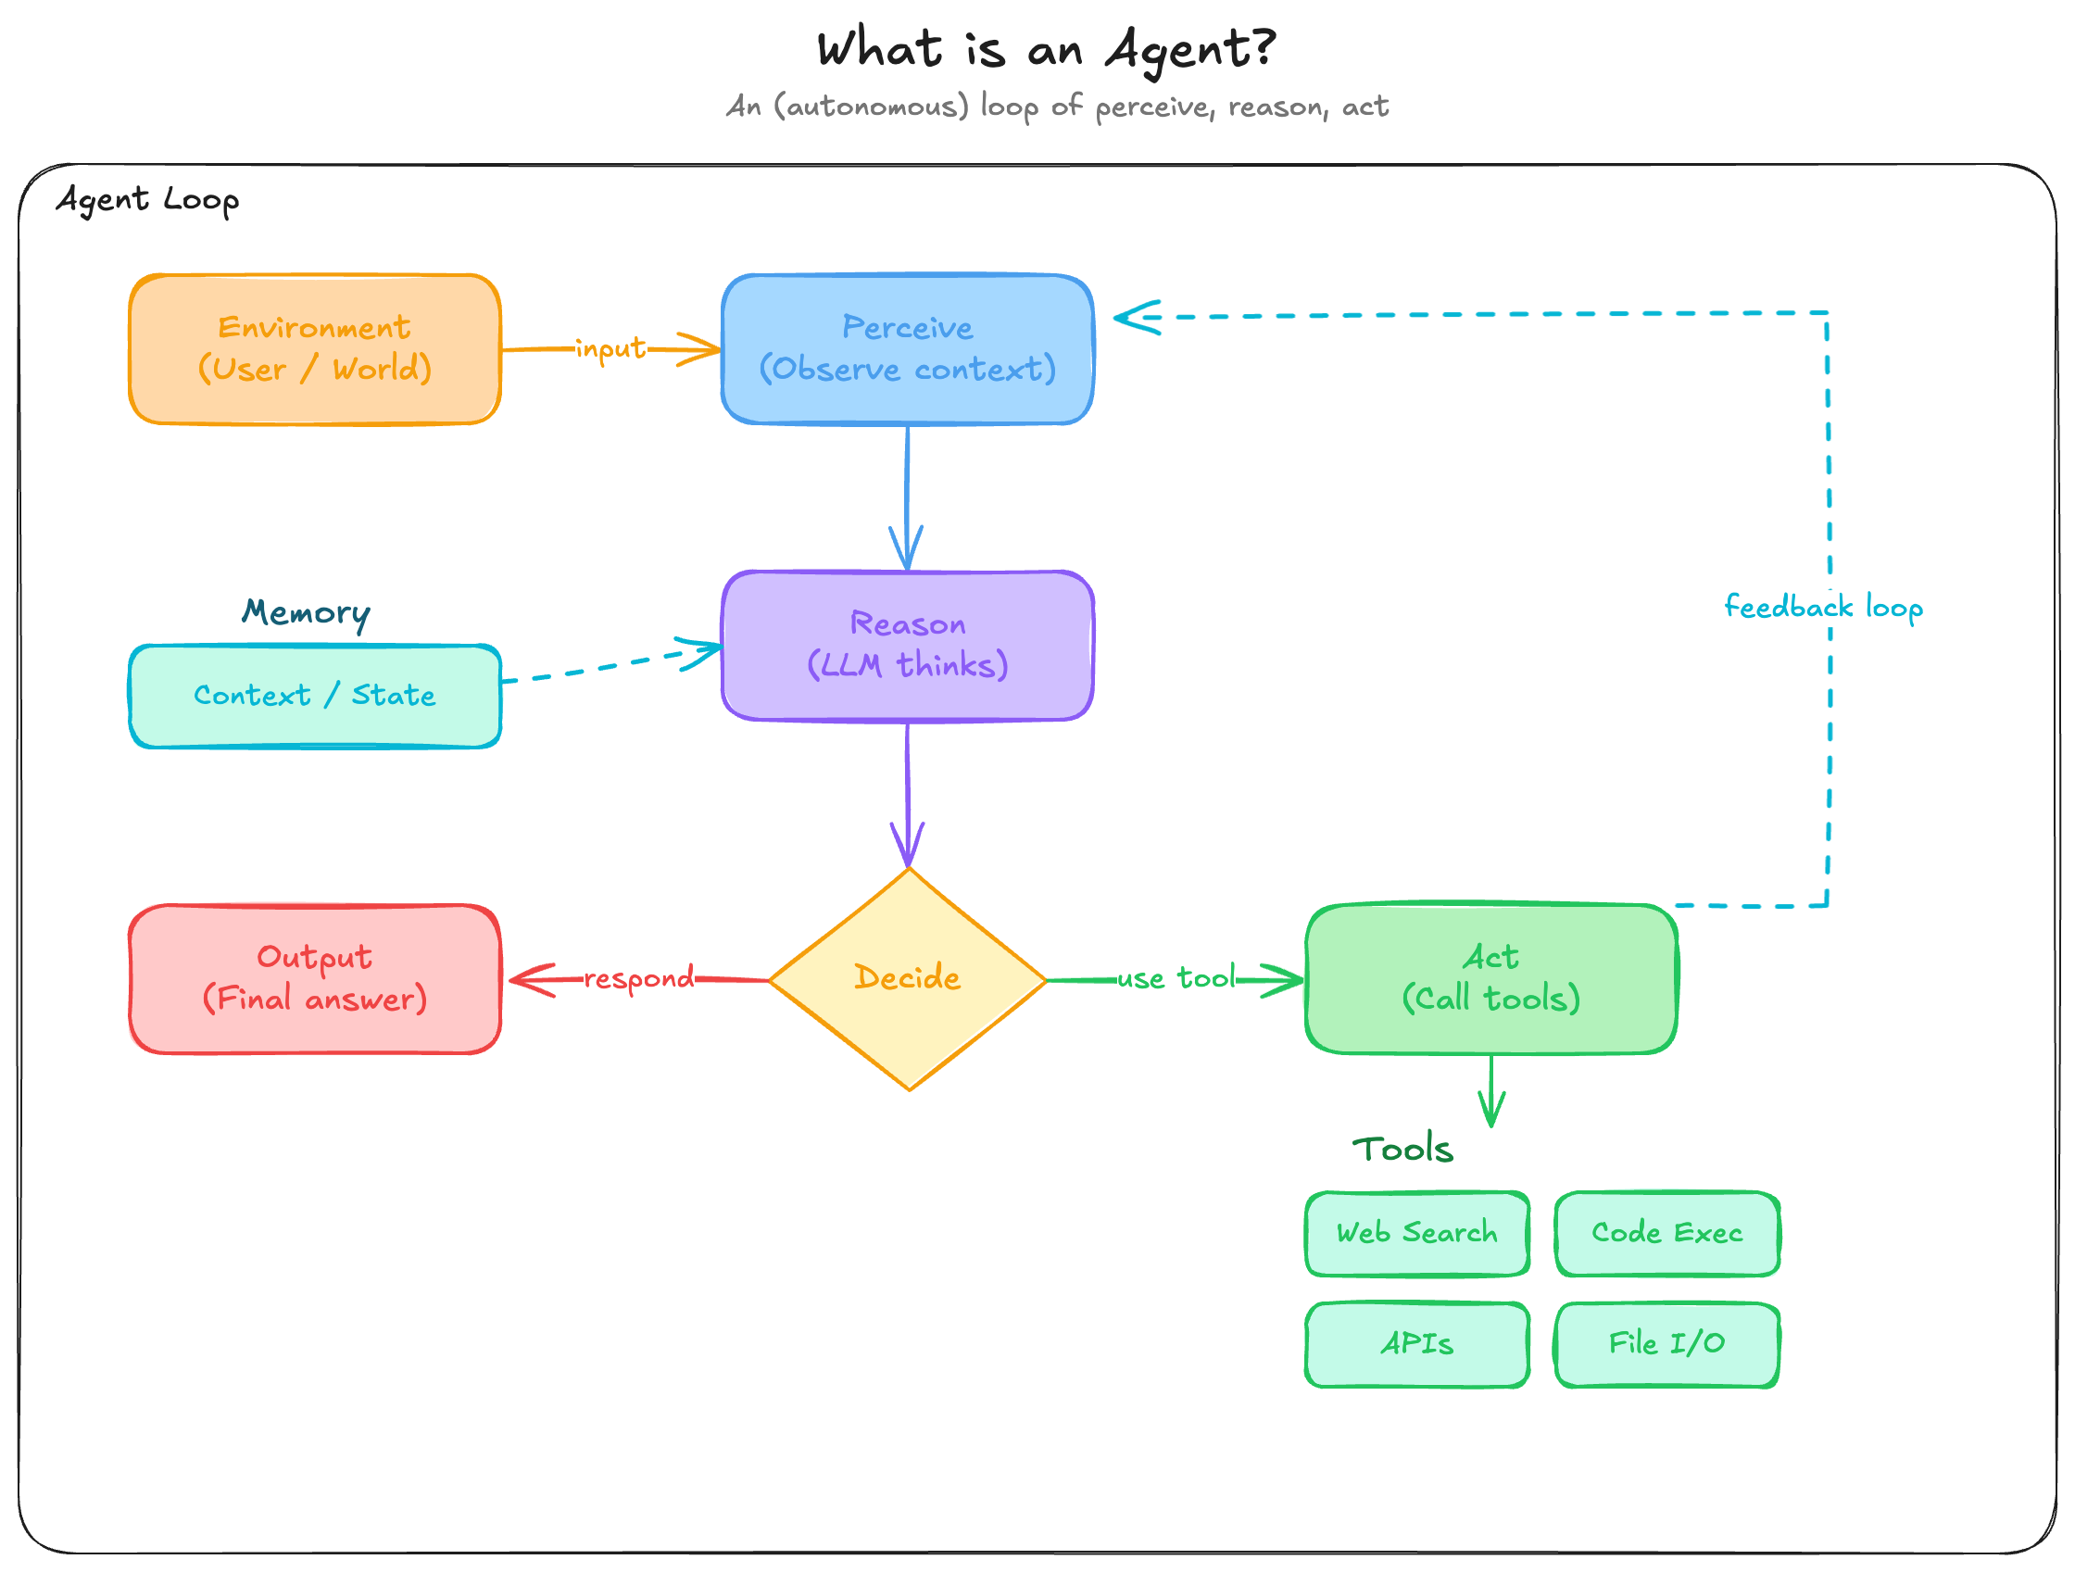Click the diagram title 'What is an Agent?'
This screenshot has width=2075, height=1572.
point(1045,49)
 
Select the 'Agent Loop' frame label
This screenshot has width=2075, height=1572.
point(147,200)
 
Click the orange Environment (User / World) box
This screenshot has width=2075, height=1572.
point(314,349)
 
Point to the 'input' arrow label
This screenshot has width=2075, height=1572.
point(610,349)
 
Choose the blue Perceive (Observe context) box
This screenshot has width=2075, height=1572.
point(907,349)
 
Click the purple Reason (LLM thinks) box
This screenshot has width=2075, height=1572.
point(907,646)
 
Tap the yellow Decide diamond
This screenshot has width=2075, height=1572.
point(907,978)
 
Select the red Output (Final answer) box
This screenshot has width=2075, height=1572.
point(314,978)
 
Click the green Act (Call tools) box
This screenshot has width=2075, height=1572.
point(1490,978)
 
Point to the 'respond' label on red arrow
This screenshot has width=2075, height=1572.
point(639,978)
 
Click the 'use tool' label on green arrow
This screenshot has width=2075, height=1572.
point(1176,978)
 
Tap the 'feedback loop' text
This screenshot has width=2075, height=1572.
point(1823,607)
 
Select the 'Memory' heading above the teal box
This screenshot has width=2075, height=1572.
point(306,612)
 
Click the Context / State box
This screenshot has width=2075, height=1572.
point(314,695)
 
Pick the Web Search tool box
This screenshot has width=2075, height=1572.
point(1416,1232)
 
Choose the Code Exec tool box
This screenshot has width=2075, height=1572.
point(1666,1232)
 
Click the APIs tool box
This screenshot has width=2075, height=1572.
point(1416,1343)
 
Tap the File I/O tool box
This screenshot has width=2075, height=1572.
point(1666,1343)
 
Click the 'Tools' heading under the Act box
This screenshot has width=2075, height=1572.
point(1402,1149)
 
